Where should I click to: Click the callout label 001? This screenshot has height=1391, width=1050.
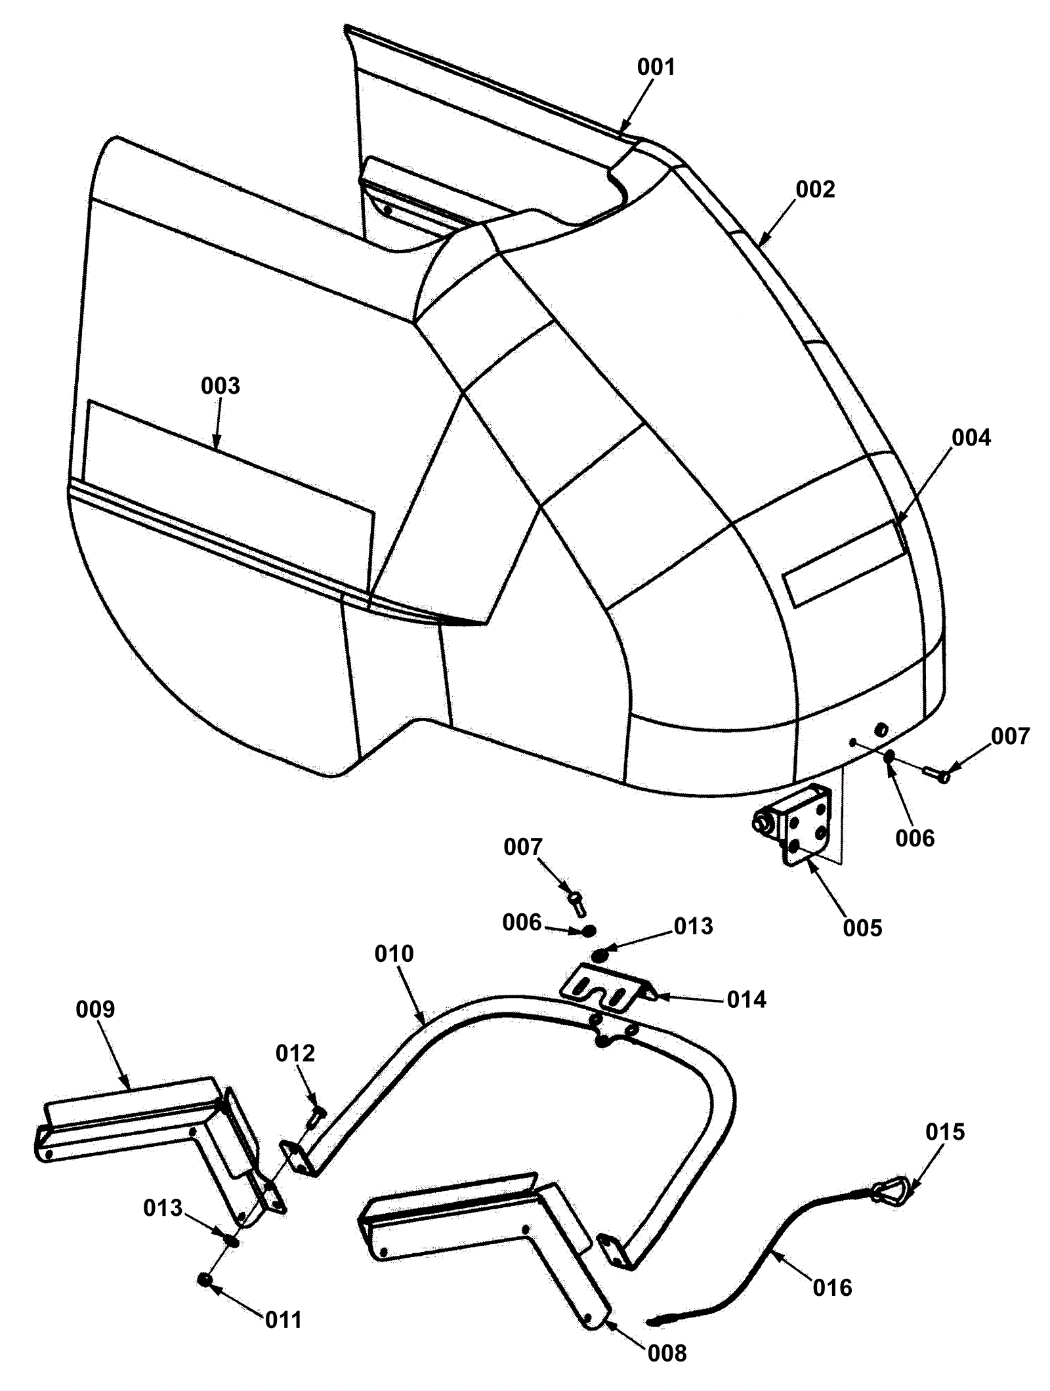[x=656, y=67]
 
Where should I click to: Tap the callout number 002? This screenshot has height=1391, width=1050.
[x=815, y=190]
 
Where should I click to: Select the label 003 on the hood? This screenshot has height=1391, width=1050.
[x=220, y=386]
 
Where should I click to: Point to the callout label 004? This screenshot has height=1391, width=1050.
[x=971, y=438]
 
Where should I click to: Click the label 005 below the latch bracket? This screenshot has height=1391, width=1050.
[x=863, y=928]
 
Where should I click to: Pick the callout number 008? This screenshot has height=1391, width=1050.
[x=667, y=1352]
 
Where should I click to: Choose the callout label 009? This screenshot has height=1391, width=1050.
[x=95, y=1009]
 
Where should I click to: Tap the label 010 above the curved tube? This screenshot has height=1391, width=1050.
[x=394, y=953]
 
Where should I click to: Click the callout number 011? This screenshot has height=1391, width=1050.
[x=283, y=1319]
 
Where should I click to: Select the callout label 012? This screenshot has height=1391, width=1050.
[x=295, y=1053]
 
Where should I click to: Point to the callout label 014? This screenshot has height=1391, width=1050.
[x=747, y=1000]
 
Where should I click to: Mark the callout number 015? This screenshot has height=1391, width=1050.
[x=946, y=1132]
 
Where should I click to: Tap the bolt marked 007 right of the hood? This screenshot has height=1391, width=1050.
[x=936, y=774]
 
